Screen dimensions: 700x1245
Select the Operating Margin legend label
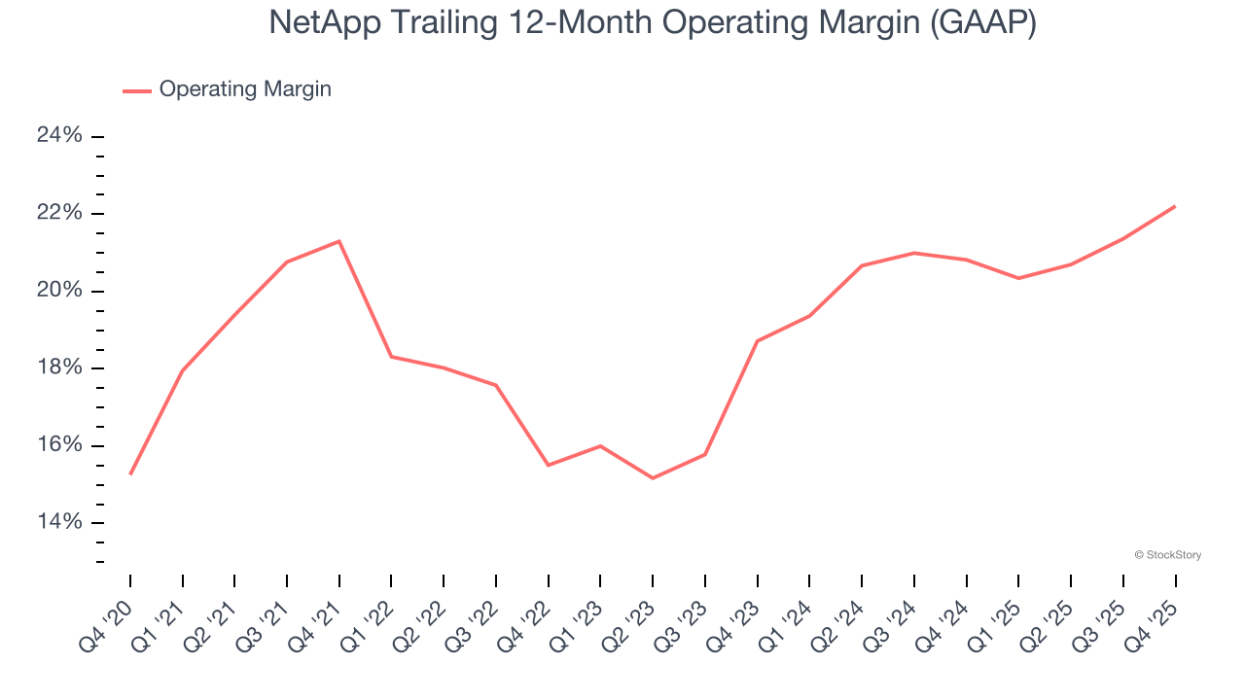(x=245, y=89)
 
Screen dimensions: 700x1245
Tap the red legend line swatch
(x=136, y=90)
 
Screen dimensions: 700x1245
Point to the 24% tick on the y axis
(x=59, y=136)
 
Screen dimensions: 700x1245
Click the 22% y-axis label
(x=59, y=214)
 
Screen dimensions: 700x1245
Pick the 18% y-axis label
(x=59, y=368)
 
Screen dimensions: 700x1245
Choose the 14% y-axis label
(x=59, y=523)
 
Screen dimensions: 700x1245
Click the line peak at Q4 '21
(x=338, y=241)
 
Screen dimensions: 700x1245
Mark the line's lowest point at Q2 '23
(x=653, y=478)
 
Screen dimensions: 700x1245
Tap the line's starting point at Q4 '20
(x=130, y=473)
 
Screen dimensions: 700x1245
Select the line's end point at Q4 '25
(x=1175, y=206)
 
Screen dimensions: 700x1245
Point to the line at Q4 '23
(x=757, y=341)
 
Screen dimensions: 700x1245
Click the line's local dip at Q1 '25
(x=1018, y=278)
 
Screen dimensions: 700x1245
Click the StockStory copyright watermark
(x=1167, y=555)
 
